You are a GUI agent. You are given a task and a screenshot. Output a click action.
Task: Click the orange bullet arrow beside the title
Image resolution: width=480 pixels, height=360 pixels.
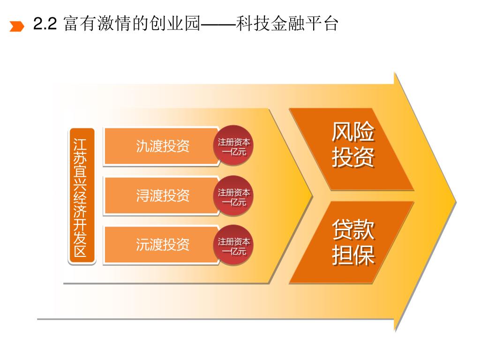point(17,26)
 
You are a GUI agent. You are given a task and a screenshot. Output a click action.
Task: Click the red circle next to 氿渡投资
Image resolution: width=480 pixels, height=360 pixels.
point(234,146)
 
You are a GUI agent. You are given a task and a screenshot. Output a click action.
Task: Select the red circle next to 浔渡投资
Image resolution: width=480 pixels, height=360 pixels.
point(234,196)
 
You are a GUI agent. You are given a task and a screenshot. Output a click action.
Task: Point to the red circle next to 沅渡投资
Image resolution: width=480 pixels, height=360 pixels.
point(234,246)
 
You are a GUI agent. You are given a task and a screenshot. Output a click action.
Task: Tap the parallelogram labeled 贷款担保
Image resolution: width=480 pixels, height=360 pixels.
point(352,242)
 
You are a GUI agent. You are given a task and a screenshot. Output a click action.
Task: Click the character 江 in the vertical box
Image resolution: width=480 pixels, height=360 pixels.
point(82,142)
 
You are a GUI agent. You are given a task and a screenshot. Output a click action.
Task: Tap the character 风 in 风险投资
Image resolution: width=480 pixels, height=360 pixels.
point(342,133)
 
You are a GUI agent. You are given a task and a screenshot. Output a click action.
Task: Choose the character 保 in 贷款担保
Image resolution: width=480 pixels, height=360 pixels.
point(364,255)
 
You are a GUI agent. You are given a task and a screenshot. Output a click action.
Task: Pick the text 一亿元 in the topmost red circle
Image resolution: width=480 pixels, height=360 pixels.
point(234,151)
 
